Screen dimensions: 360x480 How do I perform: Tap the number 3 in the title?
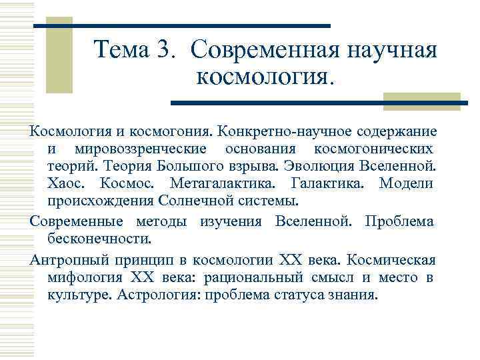(x=167, y=50)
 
